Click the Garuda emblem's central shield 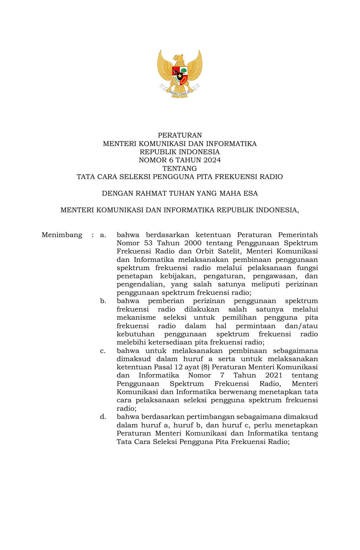(x=180, y=76)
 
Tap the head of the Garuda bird (x=178, y=58)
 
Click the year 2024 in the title (x=211, y=160)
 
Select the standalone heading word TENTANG (x=180, y=169)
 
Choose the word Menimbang (x=62, y=235)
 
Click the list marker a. (x=103, y=235)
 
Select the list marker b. (x=103, y=301)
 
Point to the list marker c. (x=103, y=351)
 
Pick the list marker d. (x=103, y=417)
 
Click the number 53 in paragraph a (x=148, y=243)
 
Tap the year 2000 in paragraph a (x=193, y=243)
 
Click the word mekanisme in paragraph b (x=136, y=317)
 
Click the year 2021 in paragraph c (x=274, y=375)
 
